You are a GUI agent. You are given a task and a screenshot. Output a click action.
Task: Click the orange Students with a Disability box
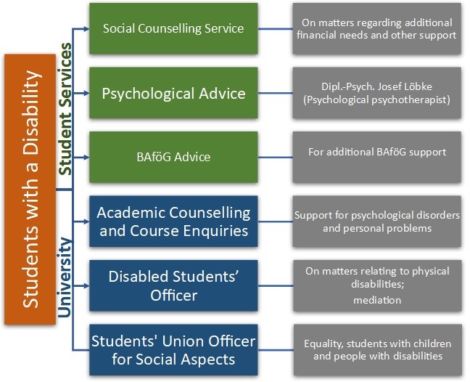point(30,189)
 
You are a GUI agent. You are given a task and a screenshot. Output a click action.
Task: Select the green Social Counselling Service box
point(173,29)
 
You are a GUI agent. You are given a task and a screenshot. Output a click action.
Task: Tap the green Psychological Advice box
point(173,93)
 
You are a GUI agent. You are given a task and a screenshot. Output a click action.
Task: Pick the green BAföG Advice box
point(173,156)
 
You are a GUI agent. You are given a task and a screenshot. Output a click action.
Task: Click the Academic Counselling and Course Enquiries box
point(173,221)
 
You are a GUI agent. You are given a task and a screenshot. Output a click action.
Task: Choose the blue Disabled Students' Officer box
point(173,285)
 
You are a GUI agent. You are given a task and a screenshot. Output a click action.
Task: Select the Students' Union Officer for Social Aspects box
point(173,349)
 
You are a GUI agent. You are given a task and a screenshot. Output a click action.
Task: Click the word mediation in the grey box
point(377,299)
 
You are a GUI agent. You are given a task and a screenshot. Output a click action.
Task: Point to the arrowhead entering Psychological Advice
point(85,93)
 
